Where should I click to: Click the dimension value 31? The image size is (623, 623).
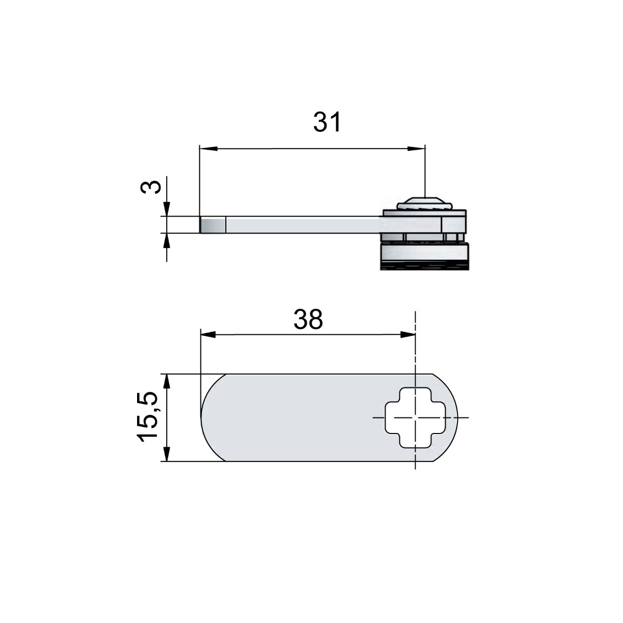327,123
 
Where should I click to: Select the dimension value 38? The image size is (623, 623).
308,320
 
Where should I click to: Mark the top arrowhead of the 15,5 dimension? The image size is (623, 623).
166,381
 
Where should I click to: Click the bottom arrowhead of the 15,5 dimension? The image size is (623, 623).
166,454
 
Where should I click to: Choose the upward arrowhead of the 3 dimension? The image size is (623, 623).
166,240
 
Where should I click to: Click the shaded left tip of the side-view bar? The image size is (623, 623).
213,225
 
